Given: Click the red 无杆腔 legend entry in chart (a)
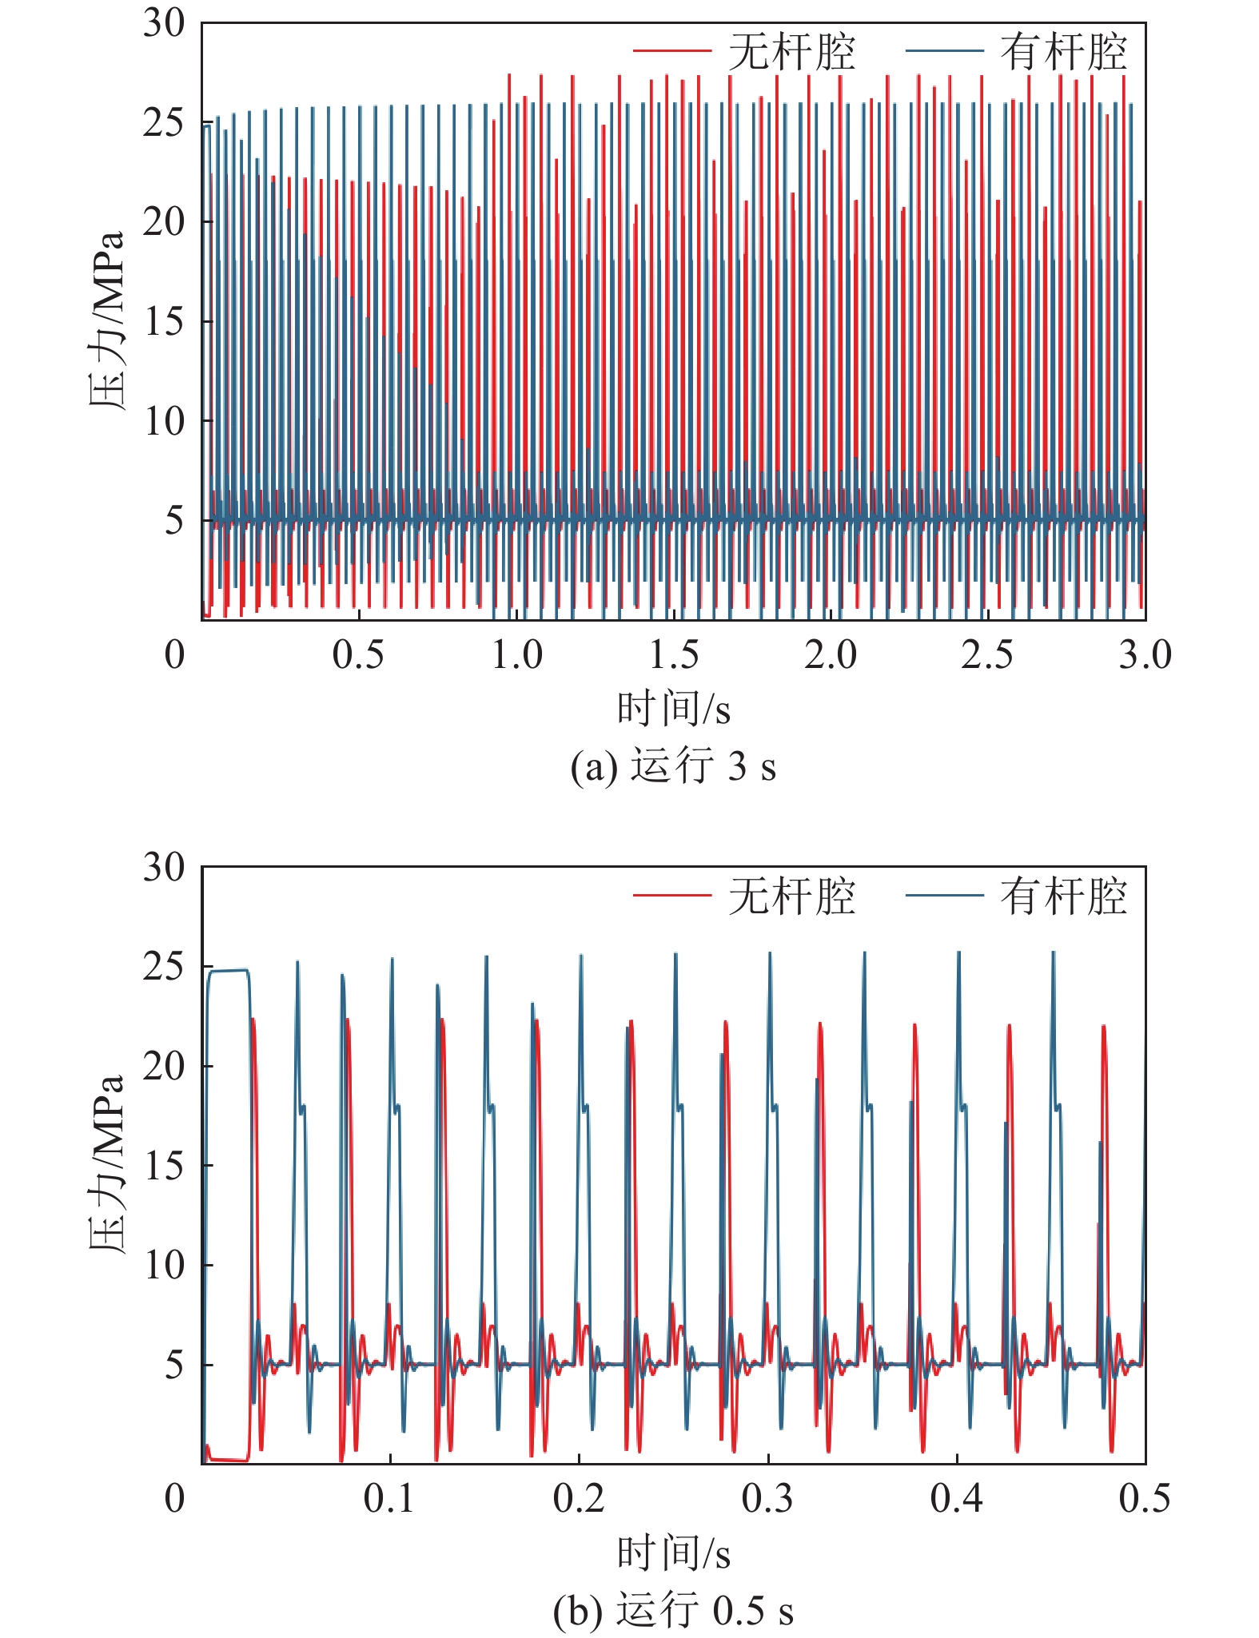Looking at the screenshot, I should coord(743,52).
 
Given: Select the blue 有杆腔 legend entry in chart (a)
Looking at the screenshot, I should coord(1016,52).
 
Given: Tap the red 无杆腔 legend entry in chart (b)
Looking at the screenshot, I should coord(743,896).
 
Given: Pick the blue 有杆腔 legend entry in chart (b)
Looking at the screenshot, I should coord(1016,896).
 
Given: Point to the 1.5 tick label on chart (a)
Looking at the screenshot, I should coord(673,655).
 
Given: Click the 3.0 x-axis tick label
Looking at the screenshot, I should coord(1145,655).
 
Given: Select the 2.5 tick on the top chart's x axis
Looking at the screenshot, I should coord(987,655).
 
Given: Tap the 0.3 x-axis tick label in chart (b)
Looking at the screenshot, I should coord(767,1499).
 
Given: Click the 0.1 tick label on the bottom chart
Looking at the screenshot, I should coord(389,1499).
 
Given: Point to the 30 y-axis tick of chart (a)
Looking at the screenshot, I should coord(164,23).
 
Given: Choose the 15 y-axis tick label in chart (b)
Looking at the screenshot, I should coord(164,1166).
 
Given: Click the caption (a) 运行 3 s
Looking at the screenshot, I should coord(673,767).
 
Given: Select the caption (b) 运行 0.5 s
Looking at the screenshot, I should coord(673,1611).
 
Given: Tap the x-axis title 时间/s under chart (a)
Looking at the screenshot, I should coord(673,709).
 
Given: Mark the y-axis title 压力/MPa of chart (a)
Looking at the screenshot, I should coord(106,320).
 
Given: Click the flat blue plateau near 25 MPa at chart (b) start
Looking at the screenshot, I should coord(229,971).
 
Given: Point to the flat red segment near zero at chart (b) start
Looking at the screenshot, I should coord(229,1460).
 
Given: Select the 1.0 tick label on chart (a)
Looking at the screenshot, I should coord(516,655).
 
